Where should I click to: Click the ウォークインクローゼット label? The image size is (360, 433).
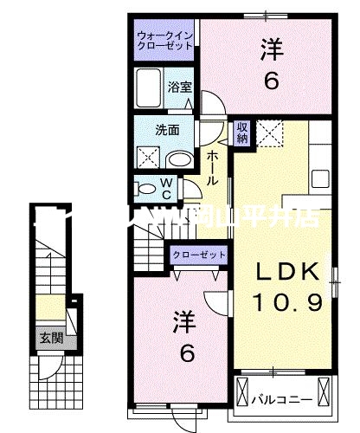(x=165, y=41)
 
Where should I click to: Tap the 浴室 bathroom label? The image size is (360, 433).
(x=179, y=87)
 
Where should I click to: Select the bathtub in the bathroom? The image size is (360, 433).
(x=149, y=87)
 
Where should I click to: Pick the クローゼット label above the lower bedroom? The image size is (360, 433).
(x=198, y=254)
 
